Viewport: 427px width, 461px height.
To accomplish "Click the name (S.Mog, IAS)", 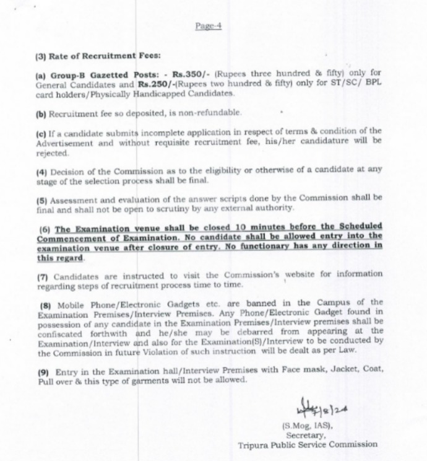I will tap(308, 426).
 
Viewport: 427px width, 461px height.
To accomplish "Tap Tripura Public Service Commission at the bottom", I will tap(308, 444).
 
